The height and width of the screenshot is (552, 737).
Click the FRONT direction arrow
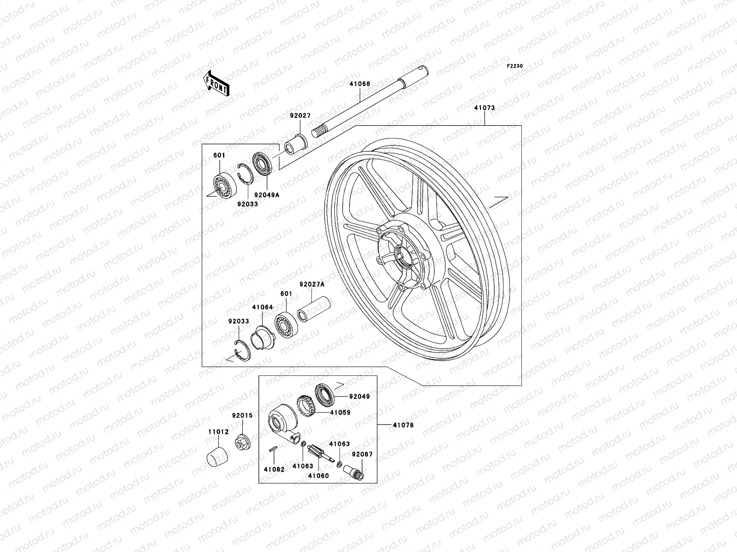[223, 83]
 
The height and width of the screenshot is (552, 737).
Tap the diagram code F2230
[515, 66]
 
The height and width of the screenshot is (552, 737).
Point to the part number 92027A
[312, 285]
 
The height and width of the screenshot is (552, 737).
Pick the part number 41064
[262, 307]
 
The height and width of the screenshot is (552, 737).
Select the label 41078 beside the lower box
[403, 425]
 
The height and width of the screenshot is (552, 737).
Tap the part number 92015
[242, 415]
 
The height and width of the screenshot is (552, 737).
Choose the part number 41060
[318, 476]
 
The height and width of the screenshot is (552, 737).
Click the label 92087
[362, 454]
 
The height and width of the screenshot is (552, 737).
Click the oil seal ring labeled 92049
[326, 394]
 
